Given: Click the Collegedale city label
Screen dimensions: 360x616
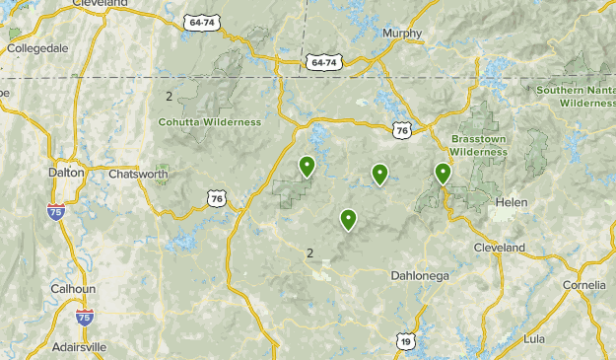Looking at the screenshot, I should click(x=38, y=47).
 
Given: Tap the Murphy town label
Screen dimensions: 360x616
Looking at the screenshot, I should click(x=403, y=33).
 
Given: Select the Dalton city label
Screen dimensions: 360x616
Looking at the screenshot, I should click(x=66, y=172).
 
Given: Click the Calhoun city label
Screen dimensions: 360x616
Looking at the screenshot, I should click(x=73, y=288).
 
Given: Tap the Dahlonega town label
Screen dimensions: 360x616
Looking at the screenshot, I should click(x=419, y=275).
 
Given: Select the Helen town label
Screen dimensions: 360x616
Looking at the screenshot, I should click(x=512, y=202).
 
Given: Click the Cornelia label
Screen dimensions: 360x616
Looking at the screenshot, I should click(x=584, y=285).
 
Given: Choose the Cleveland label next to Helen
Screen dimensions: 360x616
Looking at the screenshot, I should click(x=499, y=248).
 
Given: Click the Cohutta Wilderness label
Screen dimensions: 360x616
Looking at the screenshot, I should click(x=209, y=122).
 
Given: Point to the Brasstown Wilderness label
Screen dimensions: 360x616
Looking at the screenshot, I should click(x=479, y=145).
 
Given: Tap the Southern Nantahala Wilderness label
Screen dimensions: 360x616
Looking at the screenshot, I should click(x=576, y=97).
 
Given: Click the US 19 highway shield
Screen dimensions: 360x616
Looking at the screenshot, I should click(x=406, y=341).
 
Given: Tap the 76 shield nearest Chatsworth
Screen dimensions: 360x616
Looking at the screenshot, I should click(x=216, y=198).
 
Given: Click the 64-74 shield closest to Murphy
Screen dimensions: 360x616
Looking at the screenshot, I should click(x=321, y=61).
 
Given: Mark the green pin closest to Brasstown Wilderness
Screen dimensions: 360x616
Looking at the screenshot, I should click(x=443, y=175).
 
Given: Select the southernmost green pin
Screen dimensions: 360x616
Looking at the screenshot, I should click(x=347, y=220).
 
